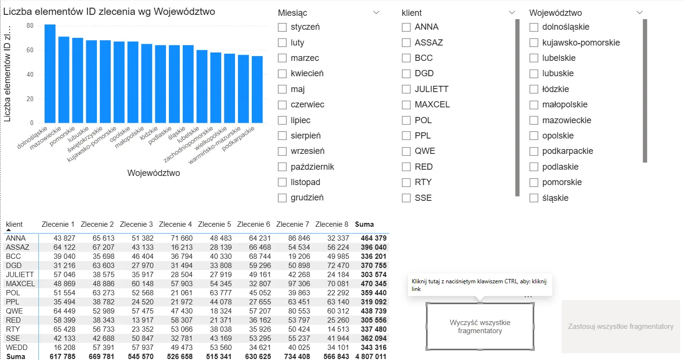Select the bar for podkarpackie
257,89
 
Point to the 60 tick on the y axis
30,50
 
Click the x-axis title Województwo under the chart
153,173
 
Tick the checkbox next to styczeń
282,27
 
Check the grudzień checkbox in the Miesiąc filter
282,198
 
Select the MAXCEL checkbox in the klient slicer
406,105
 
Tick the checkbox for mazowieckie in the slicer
534,120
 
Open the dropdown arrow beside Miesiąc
376,13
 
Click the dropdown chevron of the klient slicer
512,13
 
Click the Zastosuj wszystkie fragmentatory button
620,326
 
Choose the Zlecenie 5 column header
214,224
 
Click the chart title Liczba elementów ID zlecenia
109,12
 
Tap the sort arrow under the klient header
8,231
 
